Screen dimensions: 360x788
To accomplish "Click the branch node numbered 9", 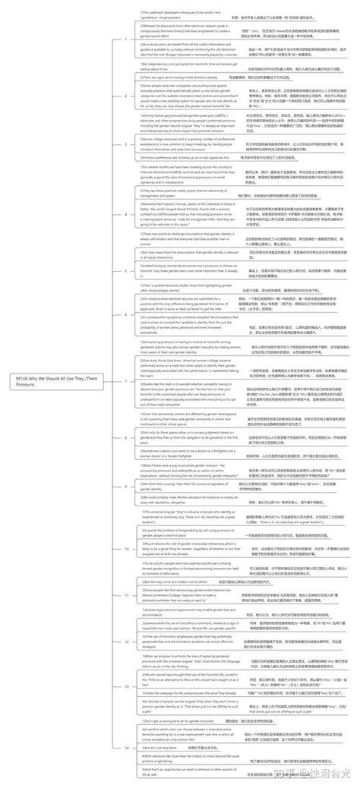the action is (x=125, y=486).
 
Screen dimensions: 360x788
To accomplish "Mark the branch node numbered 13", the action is (x=125, y=686).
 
